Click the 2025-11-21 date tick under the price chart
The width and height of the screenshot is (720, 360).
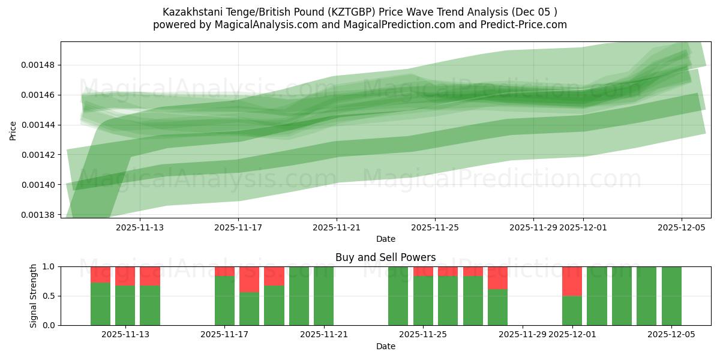click(x=337, y=227)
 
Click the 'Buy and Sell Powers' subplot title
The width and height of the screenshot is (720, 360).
click(x=385, y=257)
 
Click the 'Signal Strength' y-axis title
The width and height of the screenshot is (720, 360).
click(x=34, y=296)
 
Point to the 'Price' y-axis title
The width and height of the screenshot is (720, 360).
click(x=13, y=130)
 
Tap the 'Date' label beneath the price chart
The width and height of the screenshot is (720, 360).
click(x=385, y=239)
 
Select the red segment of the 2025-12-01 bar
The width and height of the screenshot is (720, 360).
click(x=572, y=281)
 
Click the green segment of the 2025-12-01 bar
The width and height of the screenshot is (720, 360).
click(x=572, y=311)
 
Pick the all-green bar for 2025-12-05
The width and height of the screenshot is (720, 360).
click(x=671, y=296)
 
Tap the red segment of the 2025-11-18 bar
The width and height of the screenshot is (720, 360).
click(x=249, y=279)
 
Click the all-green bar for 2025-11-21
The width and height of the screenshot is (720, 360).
click(x=323, y=296)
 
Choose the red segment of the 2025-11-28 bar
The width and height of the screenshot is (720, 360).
click(x=497, y=278)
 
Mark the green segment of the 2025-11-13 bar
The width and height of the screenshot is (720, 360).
click(x=150, y=305)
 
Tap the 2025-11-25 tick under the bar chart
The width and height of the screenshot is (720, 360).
click(x=423, y=334)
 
